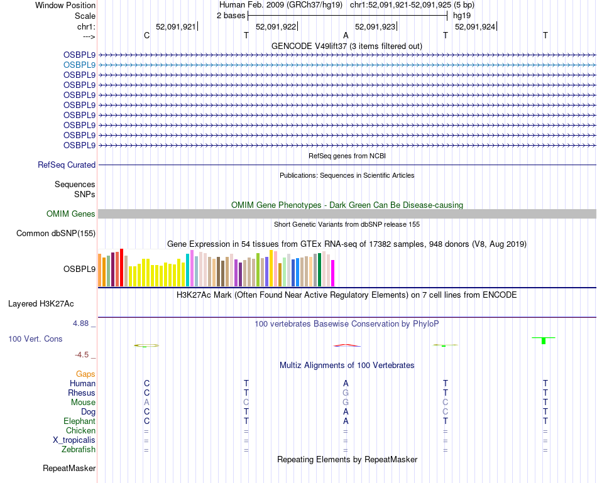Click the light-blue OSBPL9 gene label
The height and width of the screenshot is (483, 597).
coord(79,65)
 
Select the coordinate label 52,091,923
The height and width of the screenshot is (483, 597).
coord(375,27)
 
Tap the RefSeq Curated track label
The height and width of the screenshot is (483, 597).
coord(67,165)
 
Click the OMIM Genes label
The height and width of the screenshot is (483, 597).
coord(71,214)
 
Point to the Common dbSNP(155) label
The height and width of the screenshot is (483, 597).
coord(55,234)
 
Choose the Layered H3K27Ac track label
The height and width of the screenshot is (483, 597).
coord(41,304)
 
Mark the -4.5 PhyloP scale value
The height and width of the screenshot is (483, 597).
coord(83,354)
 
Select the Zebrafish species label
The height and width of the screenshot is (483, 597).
coord(79,450)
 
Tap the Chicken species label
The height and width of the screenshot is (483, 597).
coord(80,431)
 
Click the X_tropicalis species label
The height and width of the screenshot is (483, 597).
coord(74,440)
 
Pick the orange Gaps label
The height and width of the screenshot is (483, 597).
coord(85,374)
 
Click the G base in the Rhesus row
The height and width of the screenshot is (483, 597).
coord(346,393)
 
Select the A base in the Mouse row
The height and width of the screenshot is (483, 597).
coord(146,402)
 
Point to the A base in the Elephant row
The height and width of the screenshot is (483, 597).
coord(346,421)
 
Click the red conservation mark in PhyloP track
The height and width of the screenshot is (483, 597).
coord(347,345)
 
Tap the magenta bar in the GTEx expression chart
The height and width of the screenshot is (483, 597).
coord(333,273)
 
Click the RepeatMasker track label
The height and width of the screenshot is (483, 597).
coord(69,469)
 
